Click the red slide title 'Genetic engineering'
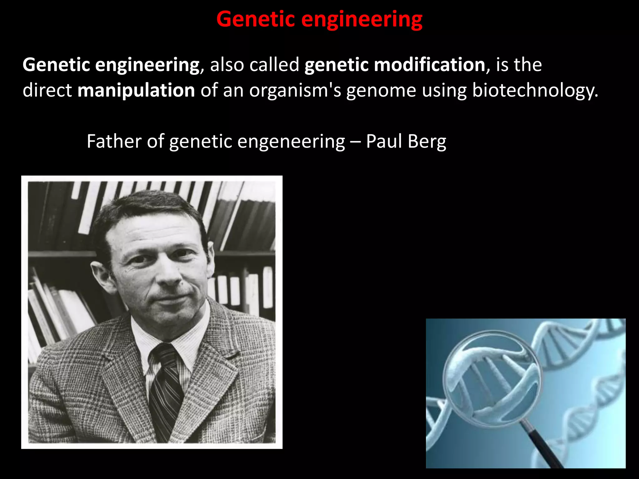(319, 19)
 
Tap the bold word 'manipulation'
(136, 90)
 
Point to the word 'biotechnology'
(535, 90)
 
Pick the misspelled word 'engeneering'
(291, 142)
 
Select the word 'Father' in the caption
(114, 141)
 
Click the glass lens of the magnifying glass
(491, 377)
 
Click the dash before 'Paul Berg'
(355, 142)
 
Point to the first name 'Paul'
(384, 141)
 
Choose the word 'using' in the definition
(444, 91)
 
